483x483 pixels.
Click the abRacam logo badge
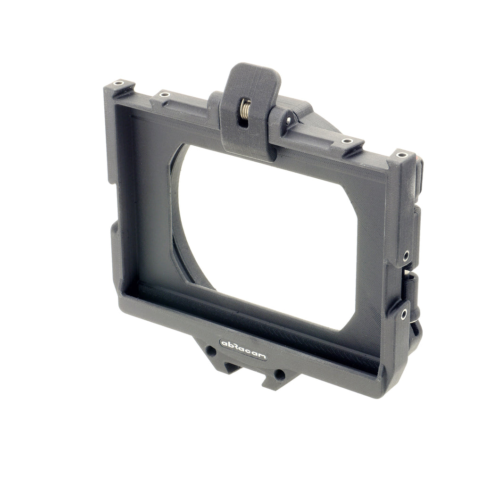pyautogui.click(x=243, y=350)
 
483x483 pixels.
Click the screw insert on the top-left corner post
pyautogui.click(x=118, y=83)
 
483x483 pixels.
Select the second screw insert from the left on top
pyautogui.click(x=165, y=94)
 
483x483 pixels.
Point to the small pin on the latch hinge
pyautogui.click(x=289, y=120)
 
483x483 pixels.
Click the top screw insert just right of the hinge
pyautogui.click(x=347, y=141)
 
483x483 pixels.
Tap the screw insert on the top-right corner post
pyautogui.click(x=401, y=155)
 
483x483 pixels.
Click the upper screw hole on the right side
pyautogui.click(x=406, y=256)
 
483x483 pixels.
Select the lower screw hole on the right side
pyautogui.click(x=404, y=314)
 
